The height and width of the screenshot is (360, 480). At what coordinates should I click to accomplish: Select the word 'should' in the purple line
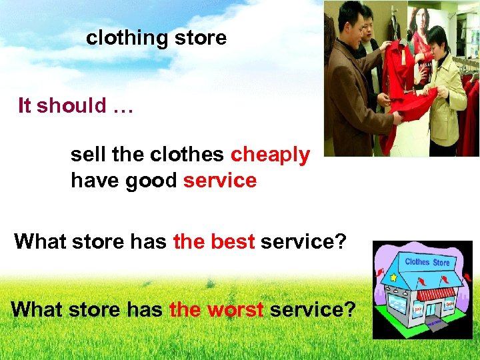coord(71,105)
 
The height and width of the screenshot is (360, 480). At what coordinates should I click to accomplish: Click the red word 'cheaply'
coord(270,155)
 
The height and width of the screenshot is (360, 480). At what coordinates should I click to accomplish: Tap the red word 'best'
coord(233,241)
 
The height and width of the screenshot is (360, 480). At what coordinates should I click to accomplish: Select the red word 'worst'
coord(235,309)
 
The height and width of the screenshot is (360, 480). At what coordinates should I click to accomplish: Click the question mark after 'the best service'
coord(341,241)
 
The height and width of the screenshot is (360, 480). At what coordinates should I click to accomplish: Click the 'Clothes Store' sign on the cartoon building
coord(427,262)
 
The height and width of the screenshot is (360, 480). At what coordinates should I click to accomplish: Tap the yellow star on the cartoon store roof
coord(393,276)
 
